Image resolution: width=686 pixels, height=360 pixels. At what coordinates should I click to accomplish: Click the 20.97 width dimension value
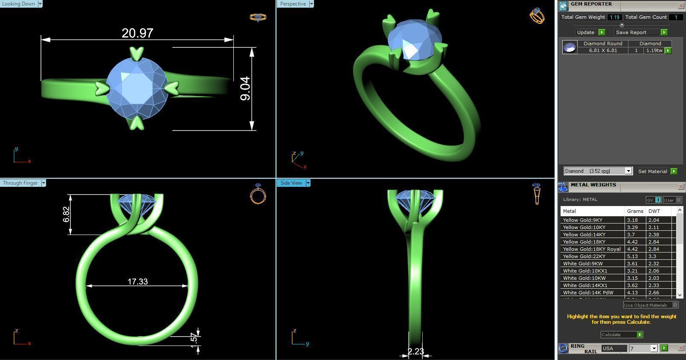click(137, 33)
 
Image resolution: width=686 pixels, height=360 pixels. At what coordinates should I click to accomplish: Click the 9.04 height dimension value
click(245, 89)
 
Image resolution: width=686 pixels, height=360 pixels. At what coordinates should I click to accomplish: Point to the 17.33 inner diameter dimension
click(137, 282)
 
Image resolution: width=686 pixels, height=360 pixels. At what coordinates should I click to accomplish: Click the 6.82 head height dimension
click(66, 215)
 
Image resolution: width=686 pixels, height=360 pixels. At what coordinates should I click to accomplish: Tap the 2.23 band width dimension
click(416, 351)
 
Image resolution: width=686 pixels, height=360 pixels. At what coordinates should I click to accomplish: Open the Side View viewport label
click(291, 183)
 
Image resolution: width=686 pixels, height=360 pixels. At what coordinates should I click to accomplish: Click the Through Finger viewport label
click(20, 183)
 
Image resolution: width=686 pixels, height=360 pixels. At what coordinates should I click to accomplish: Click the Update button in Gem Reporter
click(585, 32)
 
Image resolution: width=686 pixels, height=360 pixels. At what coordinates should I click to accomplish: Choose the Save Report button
click(631, 32)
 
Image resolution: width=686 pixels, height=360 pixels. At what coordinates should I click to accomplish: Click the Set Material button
click(652, 171)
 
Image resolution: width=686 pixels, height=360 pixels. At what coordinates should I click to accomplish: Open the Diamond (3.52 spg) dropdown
click(597, 171)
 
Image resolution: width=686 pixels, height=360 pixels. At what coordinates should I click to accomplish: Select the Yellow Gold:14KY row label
click(584, 235)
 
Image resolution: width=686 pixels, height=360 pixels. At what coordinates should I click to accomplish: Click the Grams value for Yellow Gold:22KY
click(633, 256)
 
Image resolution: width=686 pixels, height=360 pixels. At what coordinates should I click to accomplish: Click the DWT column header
click(654, 211)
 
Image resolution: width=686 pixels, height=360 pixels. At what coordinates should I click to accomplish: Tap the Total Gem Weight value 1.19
click(614, 17)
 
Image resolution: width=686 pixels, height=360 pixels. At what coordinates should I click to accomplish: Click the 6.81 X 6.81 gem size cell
click(603, 50)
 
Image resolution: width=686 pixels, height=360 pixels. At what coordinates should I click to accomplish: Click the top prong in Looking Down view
click(137, 53)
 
